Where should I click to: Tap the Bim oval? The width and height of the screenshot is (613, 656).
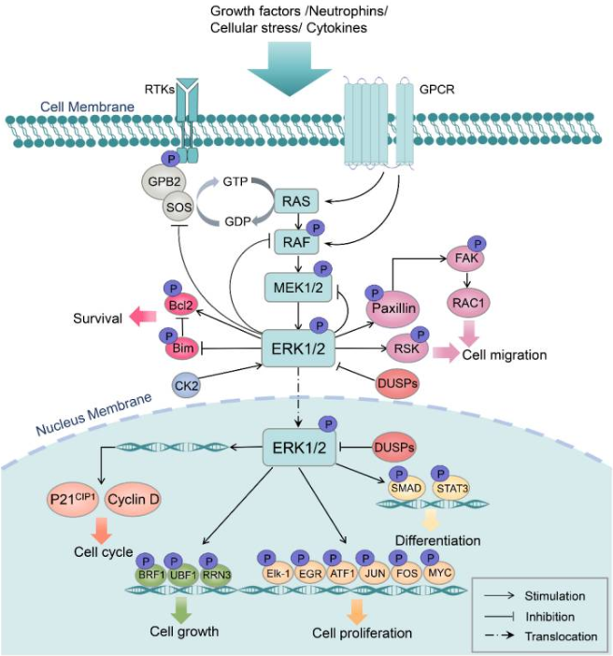pos(183,349)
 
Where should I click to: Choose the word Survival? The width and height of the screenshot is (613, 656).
pos(98,319)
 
